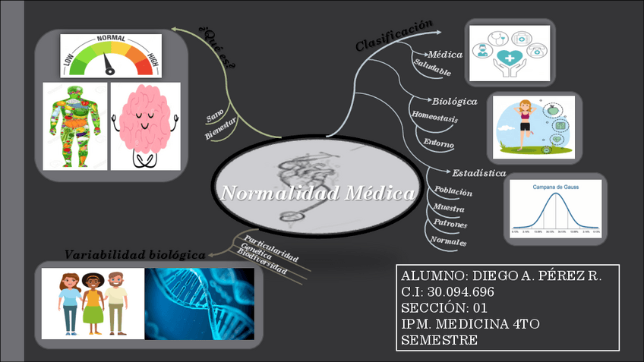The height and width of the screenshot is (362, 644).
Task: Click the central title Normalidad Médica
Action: click(x=318, y=194)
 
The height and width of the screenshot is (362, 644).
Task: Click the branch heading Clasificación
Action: click(x=395, y=35)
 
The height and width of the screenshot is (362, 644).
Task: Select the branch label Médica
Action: click(x=446, y=55)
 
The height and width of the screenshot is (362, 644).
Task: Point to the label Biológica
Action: click(x=455, y=100)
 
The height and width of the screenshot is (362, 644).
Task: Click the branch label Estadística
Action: click(x=479, y=173)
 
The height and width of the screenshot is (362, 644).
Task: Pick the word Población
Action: click(x=453, y=191)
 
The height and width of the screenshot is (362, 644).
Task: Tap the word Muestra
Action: click(x=449, y=208)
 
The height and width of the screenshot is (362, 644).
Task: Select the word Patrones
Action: click(x=450, y=225)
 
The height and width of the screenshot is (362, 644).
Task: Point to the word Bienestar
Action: click(x=221, y=129)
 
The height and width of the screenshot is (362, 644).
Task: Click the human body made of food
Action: click(x=75, y=125)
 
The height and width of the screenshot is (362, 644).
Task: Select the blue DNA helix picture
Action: click(x=199, y=303)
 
